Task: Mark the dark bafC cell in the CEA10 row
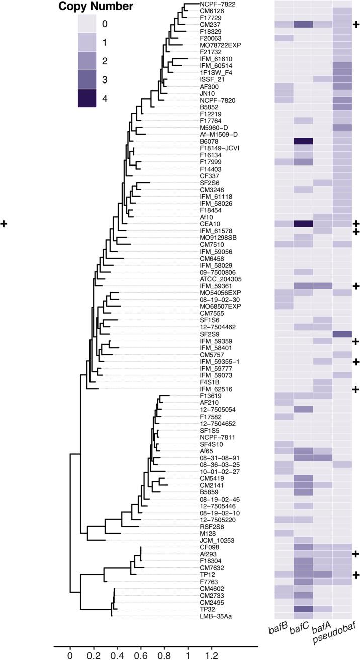(303, 223)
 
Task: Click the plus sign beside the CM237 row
(356, 24)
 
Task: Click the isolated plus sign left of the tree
(5, 223)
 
